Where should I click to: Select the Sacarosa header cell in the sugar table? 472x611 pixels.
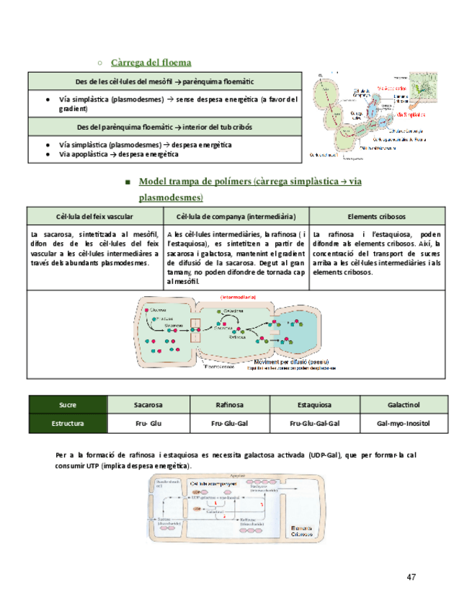148,405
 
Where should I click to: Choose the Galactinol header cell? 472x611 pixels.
404,405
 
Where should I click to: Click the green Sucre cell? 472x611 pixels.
67,405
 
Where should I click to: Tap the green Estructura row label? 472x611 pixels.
67,424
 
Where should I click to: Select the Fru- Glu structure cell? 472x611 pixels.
148,424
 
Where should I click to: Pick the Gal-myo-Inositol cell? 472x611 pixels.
404,424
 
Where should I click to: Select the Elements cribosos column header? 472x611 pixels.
376,217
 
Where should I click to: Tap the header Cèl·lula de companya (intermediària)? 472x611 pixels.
235,217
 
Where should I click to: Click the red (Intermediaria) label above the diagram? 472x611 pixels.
238,296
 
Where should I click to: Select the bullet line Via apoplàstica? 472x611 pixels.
119,154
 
